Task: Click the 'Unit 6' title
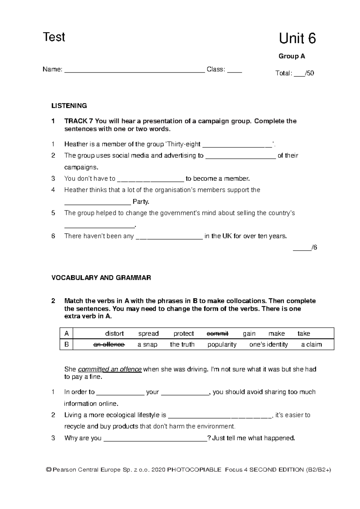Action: (x=297, y=39)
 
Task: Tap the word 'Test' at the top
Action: (x=54, y=37)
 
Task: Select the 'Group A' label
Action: (x=292, y=56)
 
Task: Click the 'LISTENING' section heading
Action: (x=69, y=106)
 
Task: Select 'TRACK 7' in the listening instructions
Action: (x=79, y=121)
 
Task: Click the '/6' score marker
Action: (x=314, y=248)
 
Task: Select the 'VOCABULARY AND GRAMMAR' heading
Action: (x=101, y=278)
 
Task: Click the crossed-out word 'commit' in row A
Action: (x=217, y=333)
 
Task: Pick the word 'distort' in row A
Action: (x=114, y=333)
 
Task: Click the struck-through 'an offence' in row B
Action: (x=109, y=345)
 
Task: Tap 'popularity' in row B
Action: (x=222, y=345)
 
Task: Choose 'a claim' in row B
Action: (x=311, y=345)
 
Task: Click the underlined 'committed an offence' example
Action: (x=109, y=369)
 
